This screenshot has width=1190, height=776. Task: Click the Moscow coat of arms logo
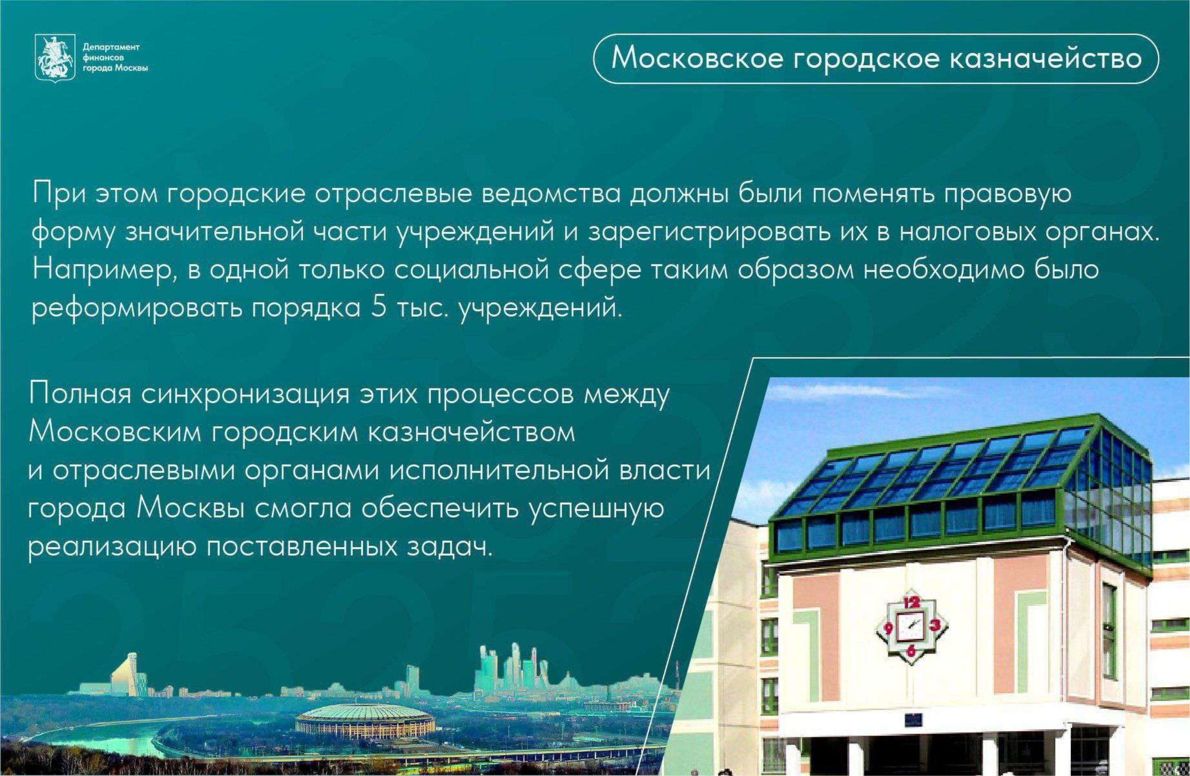tap(55, 57)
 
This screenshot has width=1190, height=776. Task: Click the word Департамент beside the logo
tap(111, 47)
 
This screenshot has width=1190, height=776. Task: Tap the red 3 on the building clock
tap(935, 625)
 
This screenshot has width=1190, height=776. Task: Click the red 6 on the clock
tap(911, 650)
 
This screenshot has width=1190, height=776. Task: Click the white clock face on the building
tap(911, 626)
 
